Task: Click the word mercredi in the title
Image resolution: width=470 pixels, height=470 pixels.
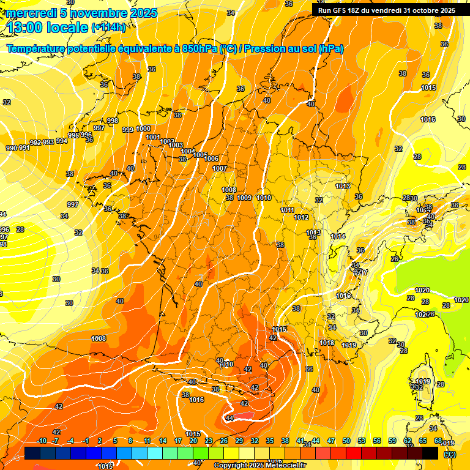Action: [31, 13]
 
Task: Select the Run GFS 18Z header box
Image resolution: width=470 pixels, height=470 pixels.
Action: [386, 10]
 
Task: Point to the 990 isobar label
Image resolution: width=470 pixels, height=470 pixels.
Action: [12, 148]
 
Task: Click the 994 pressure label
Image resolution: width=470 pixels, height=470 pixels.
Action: [62, 141]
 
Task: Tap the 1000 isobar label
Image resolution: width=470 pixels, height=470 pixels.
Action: [144, 129]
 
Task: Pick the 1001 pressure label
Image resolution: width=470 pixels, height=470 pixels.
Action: [153, 137]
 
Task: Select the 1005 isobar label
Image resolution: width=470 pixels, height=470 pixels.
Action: [200, 155]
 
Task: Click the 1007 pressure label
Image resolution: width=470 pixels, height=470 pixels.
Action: [220, 168]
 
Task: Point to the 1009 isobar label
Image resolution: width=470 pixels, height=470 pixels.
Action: [244, 198]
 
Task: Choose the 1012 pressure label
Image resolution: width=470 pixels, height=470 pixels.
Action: [301, 217]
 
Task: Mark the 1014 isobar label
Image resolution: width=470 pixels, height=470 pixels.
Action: [338, 236]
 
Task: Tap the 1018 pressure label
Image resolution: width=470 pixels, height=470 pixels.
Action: [327, 343]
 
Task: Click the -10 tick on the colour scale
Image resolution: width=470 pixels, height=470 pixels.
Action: [42, 441]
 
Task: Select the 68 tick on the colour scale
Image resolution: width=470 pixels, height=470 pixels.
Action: [438, 441]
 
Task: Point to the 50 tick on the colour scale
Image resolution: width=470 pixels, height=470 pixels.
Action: [346, 441]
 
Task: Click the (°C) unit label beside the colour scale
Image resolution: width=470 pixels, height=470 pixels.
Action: [450, 454]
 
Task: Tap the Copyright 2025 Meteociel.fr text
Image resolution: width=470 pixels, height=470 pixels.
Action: [259, 465]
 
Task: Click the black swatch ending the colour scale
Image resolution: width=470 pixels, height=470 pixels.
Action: [430, 453]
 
